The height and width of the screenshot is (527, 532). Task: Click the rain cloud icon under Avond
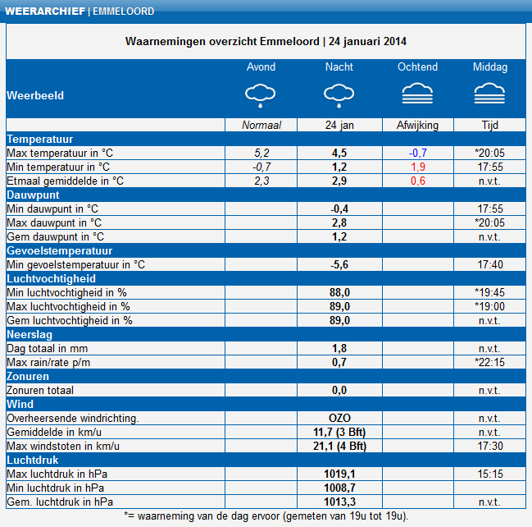tap(260, 95)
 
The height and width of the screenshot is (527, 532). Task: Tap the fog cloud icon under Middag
tap(489, 93)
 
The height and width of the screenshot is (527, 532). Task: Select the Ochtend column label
tap(418, 67)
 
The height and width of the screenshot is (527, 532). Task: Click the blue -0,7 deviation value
tap(418, 153)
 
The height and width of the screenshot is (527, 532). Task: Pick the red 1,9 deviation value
tap(418, 167)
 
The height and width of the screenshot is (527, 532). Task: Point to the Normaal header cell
tap(261, 125)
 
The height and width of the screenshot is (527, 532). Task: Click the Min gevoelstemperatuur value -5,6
tap(339, 264)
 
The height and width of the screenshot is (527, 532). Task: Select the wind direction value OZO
tap(339, 418)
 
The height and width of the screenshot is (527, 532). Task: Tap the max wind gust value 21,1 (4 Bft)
tap(339, 446)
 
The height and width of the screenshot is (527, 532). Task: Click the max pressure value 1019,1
tap(339, 474)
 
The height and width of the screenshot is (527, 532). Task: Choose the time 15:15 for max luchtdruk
tap(490, 474)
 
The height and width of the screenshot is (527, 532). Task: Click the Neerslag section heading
tap(30, 334)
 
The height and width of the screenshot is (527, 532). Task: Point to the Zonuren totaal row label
tap(40, 390)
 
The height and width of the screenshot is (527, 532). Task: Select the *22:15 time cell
tap(489, 362)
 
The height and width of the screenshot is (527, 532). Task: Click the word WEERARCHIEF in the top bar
tap(45, 11)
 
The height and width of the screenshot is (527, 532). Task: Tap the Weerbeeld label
tap(35, 95)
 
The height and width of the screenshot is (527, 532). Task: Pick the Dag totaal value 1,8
tap(339, 348)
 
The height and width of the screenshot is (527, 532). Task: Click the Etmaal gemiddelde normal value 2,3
tap(261, 181)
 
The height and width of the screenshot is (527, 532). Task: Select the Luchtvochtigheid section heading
tap(51, 278)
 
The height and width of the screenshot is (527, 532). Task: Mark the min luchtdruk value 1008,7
tap(339, 488)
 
